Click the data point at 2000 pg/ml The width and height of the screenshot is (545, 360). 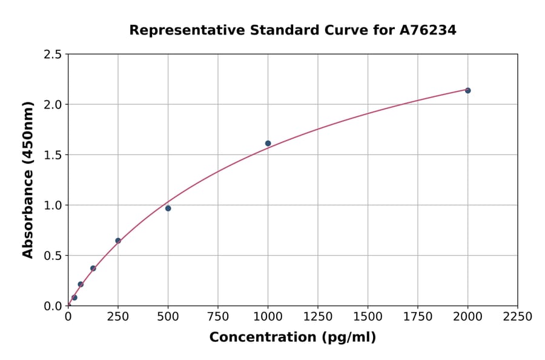click(467, 90)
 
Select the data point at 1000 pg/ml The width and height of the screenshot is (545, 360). click(268, 144)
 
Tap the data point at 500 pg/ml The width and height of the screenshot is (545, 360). click(168, 208)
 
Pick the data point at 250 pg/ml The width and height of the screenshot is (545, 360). click(118, 241)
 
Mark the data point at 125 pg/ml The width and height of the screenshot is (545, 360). click(93, 268)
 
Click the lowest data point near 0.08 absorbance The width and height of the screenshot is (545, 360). click(74, 298)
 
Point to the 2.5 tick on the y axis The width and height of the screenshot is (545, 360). click(53, 55)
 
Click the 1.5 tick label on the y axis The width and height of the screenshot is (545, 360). click(53, 155)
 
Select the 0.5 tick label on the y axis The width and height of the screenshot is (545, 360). click(53, 256)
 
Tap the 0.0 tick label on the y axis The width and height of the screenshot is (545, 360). click(53, 306)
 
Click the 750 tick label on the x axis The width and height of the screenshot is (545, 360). click(218, 317)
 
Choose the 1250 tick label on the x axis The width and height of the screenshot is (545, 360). click(318, 317)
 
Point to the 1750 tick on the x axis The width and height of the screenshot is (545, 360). click(418, 317)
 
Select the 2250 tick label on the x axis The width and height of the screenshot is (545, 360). click(518, 317)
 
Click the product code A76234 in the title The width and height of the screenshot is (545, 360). click(428, 30)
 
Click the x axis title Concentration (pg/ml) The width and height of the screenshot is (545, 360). click(292, 338)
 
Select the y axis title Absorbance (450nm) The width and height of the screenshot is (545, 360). click(28, 180)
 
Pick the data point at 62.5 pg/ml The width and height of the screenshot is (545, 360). click(81, 284)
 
